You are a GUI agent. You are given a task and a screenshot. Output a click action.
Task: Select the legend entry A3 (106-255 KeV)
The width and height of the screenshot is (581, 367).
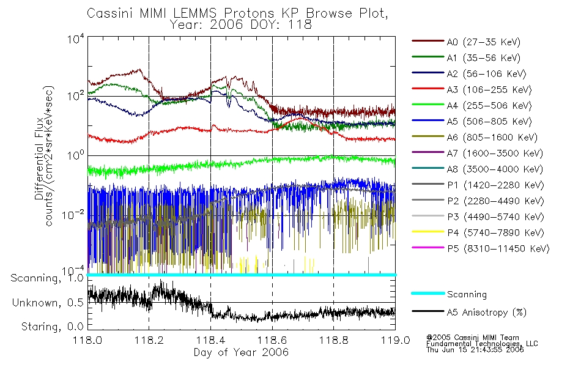489,90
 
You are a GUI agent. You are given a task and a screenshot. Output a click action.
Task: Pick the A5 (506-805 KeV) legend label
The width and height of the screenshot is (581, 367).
489,122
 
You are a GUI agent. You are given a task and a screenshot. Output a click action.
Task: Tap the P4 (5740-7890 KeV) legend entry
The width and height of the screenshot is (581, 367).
495,233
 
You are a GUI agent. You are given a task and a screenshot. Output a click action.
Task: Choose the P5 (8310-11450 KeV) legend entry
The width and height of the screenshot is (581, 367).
498,249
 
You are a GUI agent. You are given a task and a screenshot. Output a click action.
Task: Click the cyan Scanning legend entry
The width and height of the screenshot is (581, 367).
467,294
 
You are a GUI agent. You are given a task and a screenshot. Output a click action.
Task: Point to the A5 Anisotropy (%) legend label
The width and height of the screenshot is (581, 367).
487,313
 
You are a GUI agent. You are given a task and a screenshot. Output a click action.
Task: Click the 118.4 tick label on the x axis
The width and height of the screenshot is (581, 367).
210,340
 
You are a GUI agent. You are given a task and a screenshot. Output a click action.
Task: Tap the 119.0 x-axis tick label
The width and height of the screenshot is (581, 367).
395,340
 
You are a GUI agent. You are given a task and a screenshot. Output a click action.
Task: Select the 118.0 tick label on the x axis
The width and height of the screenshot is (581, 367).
87,340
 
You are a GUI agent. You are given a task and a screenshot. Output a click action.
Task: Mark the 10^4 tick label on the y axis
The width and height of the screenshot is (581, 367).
76,39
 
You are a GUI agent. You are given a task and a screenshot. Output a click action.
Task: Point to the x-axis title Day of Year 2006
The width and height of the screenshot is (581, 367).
241,352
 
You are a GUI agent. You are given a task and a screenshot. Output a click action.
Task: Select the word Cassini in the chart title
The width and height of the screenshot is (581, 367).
111,13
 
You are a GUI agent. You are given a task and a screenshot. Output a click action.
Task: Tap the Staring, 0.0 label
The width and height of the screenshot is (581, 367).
52,327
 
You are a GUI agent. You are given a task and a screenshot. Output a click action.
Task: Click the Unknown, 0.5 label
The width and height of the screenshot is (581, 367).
48,303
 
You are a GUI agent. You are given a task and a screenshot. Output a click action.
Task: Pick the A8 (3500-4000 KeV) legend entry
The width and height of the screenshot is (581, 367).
495,169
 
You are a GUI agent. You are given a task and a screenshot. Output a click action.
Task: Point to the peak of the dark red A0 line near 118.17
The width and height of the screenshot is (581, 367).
139,69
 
